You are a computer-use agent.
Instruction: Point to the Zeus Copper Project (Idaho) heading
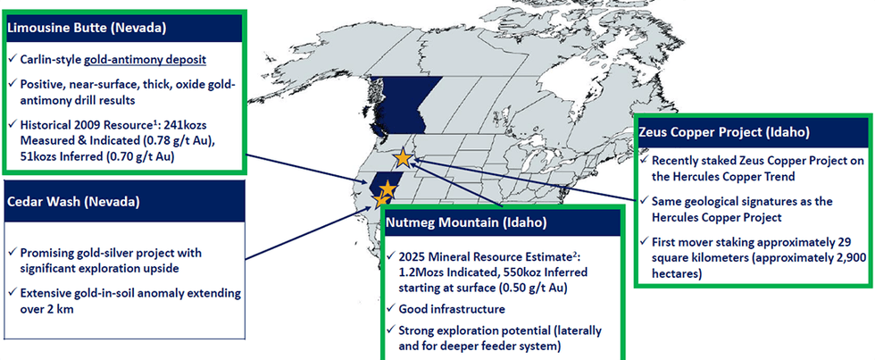pyautogui.click(x=724, y=132)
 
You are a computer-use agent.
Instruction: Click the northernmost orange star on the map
pyautogui.click(x=403, y=158)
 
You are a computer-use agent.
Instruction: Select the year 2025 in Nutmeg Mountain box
pyautogui.click(x=415, y=256)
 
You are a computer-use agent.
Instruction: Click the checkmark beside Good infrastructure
pyautogui.click(x=391, y=309)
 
